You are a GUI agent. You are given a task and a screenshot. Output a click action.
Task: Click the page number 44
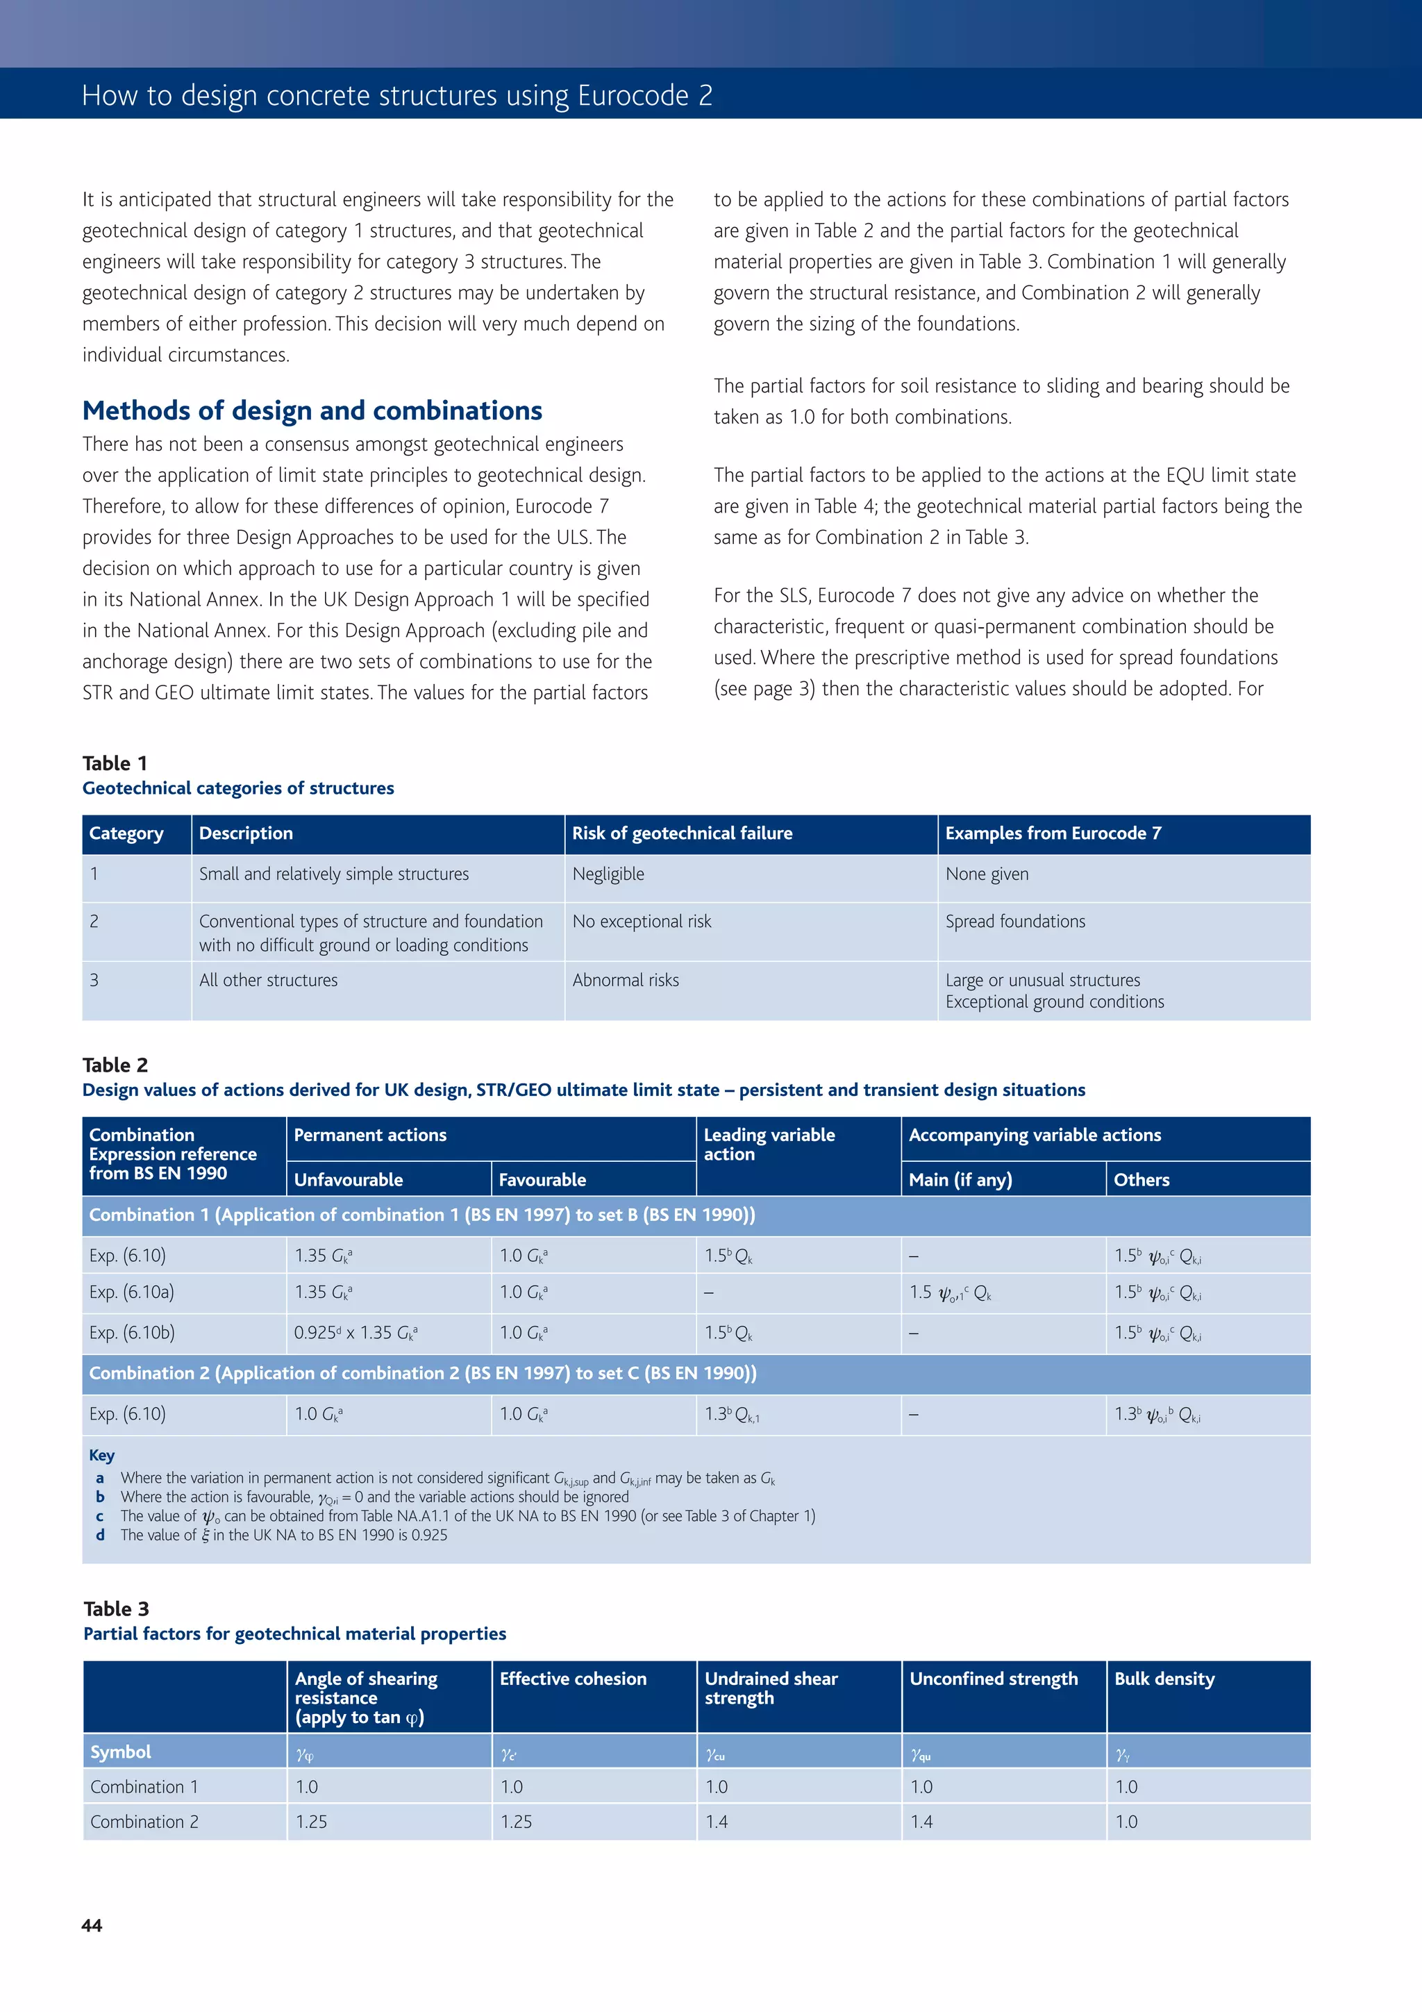click(x=92, y=1925)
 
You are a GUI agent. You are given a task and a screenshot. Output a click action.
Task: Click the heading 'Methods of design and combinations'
click(x=312, y=410)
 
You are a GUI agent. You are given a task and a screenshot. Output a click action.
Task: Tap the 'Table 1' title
click(x=115, y=763)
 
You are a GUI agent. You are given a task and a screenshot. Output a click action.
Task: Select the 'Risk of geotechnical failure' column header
click(x=682, y=833)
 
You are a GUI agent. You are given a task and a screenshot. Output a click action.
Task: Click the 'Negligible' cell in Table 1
click(x=608, y=874)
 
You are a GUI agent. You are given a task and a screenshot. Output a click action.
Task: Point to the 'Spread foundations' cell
click(x=1014, y=921)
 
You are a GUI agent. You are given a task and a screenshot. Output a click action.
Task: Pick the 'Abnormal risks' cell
click(x=626, y=980)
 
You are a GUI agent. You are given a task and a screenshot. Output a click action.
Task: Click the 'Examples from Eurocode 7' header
click(x=1053, y=833)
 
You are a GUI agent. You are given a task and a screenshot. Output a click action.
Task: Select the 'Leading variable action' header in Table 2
click(x=769, y=1145)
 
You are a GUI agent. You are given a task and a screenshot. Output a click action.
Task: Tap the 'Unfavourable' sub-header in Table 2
click(x=348, y=1179)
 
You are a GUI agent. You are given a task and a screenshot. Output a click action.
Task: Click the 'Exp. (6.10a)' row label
click(x=131, y=1292)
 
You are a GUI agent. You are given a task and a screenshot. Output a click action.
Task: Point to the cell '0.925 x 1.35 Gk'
click(x=355, y=1333)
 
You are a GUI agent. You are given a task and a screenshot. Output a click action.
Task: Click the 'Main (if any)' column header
click(x=960, y=1179)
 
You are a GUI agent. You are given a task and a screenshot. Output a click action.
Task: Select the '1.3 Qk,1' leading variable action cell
click(x=732, y=1414)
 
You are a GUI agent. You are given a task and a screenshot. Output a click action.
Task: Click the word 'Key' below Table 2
click(x=101, y=1456)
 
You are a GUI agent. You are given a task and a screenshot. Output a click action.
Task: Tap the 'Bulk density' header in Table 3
click(x=1164, y=1679)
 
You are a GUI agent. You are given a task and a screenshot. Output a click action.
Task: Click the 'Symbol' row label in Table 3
click(x=121, y=1752)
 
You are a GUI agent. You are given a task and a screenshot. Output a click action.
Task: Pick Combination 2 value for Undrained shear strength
click(x=717, y=1822)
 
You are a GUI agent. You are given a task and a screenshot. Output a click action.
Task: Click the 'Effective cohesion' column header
click(x=573, y=1679)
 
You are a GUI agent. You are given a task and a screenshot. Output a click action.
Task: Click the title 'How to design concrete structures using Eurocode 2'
click(x=397, y=94)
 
